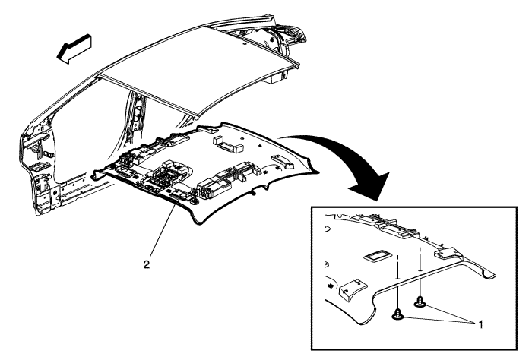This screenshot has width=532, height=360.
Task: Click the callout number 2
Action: (x=146, y=264)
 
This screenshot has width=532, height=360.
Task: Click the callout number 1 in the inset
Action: (x=480, y=324)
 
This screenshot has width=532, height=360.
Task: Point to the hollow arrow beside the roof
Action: (x=74, y=49)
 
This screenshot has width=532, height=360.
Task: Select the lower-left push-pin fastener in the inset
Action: (x=397, y=314)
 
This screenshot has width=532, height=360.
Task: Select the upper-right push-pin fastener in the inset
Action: (x=420, y=301)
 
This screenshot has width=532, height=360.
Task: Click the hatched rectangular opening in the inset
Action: (x=378, y=256)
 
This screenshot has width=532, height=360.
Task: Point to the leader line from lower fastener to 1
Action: (x=438, y=320)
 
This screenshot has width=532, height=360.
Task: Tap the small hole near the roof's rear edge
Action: (x=244, y=44)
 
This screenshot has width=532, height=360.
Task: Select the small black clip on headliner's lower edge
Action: (x=253, y=193)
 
